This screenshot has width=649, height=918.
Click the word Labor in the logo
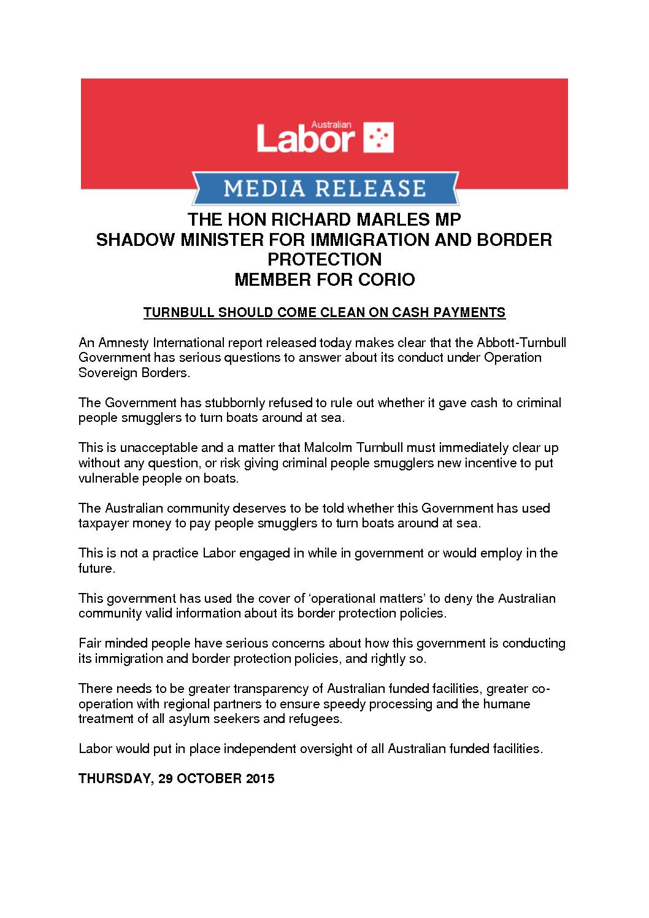305,140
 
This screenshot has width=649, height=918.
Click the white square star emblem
378,137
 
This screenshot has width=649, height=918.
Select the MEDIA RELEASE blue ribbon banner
324,188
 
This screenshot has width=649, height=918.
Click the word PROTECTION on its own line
324,259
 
